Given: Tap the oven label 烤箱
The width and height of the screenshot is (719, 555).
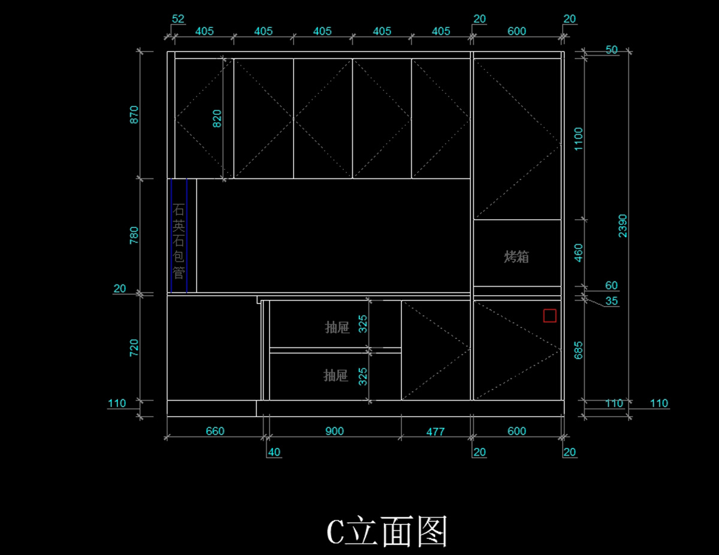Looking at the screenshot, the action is [516, 257].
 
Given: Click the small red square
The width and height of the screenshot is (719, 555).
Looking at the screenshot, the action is [549, 316].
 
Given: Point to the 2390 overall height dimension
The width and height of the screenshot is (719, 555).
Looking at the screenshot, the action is [623, 226].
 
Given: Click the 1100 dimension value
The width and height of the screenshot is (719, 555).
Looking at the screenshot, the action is [578, 139].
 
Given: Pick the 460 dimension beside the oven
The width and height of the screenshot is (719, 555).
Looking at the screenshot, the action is [578, 253].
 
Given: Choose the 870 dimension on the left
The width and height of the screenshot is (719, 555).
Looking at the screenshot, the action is [134, 115].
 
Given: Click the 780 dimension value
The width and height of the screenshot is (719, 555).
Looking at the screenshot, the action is [134, 235].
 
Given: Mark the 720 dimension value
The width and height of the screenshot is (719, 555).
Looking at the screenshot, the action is [134, 348].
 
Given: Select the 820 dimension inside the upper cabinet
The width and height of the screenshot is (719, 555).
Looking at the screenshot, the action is [217, 119].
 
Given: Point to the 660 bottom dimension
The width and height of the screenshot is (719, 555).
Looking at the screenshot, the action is [215, 431].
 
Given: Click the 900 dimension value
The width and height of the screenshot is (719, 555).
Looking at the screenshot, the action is [334, 431].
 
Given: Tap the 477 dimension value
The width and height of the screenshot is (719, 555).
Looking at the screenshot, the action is [435, 431].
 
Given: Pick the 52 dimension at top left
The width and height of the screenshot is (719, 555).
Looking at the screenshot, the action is [178, 19].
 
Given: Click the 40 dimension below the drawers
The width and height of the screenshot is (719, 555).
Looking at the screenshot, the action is [274, 452].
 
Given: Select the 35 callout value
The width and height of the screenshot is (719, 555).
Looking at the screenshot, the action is [611, 301].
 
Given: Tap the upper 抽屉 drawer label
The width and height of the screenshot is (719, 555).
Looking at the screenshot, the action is [337, 328].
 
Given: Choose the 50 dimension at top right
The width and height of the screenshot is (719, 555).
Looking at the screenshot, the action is [611, 50].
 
